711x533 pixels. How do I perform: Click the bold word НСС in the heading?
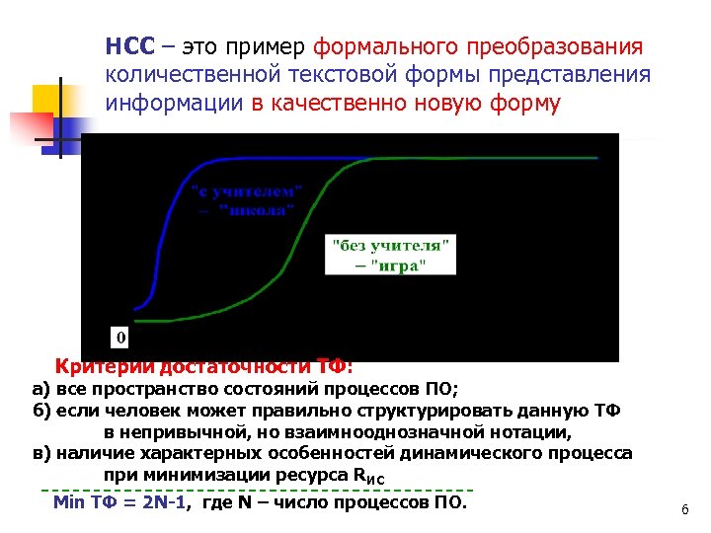tap(124, 46)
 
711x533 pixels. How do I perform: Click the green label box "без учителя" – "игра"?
tap(391, 255)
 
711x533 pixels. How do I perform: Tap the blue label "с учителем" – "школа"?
tap(247, 199)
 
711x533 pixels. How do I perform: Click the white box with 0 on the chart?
tap(120, 337)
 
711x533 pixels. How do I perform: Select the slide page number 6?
tap(683, 509)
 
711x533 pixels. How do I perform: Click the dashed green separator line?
tap(257, 490)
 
